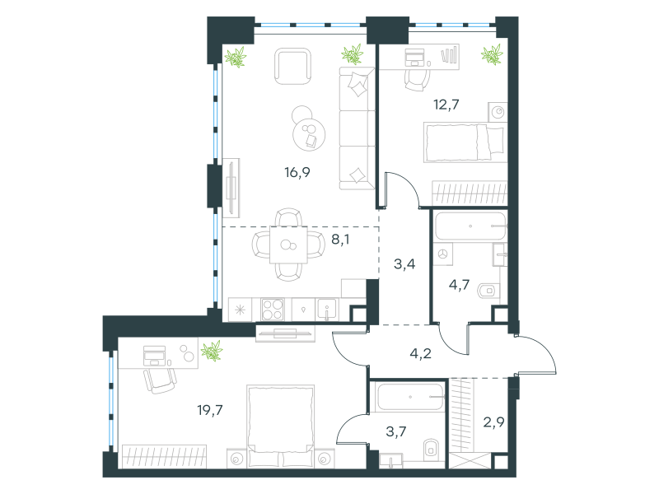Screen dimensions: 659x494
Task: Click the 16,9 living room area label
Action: [297, 172]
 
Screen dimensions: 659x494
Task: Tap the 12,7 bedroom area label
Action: [446, 105]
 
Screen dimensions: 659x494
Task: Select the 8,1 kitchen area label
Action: [340, 240]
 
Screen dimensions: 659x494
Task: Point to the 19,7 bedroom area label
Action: [210, 410]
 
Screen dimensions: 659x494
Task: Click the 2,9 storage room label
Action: [493, 422]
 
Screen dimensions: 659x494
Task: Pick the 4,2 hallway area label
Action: [421, 354]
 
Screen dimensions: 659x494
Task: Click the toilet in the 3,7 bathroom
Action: [431, 450]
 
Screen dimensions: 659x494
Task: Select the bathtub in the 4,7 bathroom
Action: [470, 226]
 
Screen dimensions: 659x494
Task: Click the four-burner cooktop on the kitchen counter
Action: [273, 310]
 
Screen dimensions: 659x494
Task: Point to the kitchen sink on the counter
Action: [326, 310]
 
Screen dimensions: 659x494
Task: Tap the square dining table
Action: [288, 245]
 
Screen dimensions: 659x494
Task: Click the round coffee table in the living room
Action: [309, 134]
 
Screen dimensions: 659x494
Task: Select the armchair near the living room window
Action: [293, 67]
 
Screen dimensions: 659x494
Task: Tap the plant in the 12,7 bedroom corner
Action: [492, 54]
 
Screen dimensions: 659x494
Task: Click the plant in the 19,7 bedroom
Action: [212, 352]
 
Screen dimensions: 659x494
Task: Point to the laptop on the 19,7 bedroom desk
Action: [154, 356]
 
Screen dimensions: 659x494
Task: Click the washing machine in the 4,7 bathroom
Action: [443, 254]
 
